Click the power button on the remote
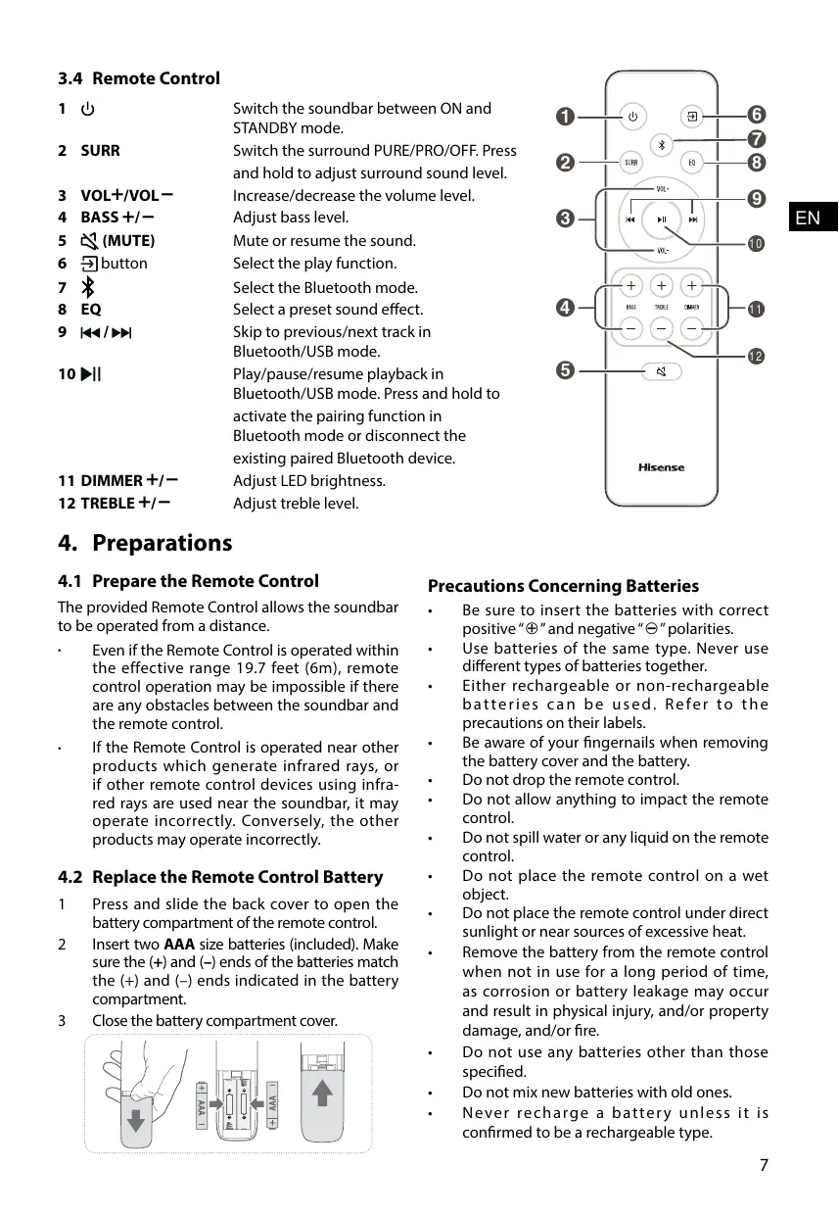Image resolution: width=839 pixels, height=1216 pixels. [632, 117]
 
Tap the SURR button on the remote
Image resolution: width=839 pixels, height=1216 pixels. [632, 163]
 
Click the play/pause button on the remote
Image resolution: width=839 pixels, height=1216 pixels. [662, 219]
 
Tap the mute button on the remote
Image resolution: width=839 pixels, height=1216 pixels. [662, 371]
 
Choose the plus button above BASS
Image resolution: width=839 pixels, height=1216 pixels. [631, 286]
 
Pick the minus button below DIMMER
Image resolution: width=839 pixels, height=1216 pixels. [692, 327]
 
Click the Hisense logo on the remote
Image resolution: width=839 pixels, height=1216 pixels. [662, 467]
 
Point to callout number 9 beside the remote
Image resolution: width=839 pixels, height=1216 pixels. [756, 199]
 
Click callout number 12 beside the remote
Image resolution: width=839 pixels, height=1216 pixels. [756, 355]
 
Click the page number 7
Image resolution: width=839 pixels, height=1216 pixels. [764, 1165]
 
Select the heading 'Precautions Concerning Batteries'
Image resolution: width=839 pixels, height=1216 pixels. [563, 586]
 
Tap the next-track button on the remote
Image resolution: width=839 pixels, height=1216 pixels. [693, 219]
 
